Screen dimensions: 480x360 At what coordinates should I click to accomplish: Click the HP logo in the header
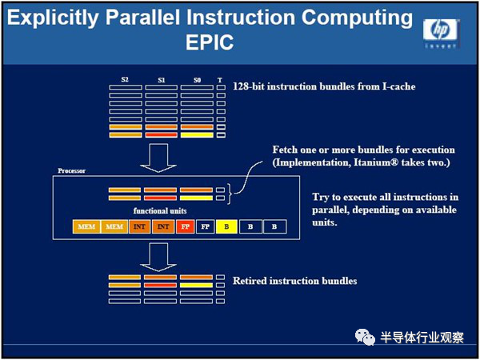pos(441,33)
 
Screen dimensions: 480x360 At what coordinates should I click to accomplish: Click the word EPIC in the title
pos(210,42)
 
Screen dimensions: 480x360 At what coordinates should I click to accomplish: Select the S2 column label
pos(125,80)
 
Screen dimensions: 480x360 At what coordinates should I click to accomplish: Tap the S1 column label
pos(162,80)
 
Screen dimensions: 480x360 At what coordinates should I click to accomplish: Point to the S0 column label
pos(197,80)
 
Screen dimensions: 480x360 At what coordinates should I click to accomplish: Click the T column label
pos(220,80)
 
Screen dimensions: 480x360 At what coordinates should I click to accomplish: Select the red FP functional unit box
pos(186,226)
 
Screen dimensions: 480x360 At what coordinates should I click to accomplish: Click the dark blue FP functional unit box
pos(205,226)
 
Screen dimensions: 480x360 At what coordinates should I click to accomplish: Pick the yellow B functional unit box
pos(226,226)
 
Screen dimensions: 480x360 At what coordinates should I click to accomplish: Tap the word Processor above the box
pos(72,171)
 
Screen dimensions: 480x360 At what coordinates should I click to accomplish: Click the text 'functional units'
pos(160,210)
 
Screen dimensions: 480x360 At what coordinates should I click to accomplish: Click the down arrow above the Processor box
pos(158,158)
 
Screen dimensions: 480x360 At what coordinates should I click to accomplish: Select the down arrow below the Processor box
pos(158,257)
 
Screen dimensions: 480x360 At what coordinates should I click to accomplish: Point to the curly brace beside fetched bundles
pos(230,194)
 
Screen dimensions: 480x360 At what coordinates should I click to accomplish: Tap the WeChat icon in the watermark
pos(365,337)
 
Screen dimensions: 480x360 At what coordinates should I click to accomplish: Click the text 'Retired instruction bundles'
pos(294,281)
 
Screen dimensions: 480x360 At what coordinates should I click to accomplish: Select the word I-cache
pos(399,86)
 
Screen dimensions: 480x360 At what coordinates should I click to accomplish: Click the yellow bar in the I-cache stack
pos(197,135)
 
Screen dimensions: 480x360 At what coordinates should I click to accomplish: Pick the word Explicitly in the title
pos(53,18)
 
